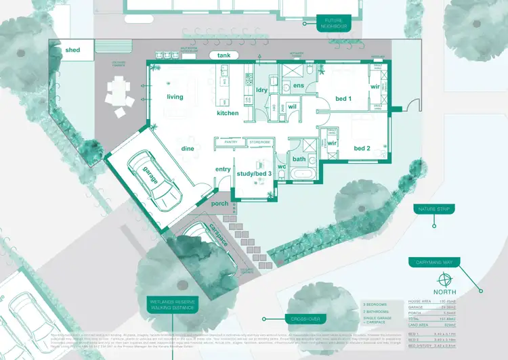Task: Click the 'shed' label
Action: (x=72, y=50)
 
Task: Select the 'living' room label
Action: (x=175, y=97)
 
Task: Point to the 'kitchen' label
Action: (x=228, y=113)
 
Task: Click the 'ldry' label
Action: (x=263, y=90)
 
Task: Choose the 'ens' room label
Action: (x=298, y=86)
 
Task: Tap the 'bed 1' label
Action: (x=343, y=99)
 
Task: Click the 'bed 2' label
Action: (x=362, y=148)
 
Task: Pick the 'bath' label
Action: (x=299, y=159)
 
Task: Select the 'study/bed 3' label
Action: (x=254, y=174)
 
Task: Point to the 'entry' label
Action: (x=223, y=169)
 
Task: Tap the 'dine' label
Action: (x=188, y=148)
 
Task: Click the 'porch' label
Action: (x=219, y=203)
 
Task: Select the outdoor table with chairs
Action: (x=120, y=91)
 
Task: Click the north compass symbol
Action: (x=444, y=279)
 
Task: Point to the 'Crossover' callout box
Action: (x=305, y=319)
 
